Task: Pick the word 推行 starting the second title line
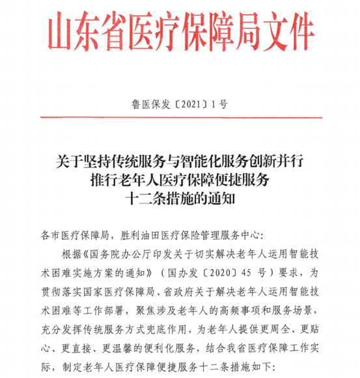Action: point(104,177)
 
